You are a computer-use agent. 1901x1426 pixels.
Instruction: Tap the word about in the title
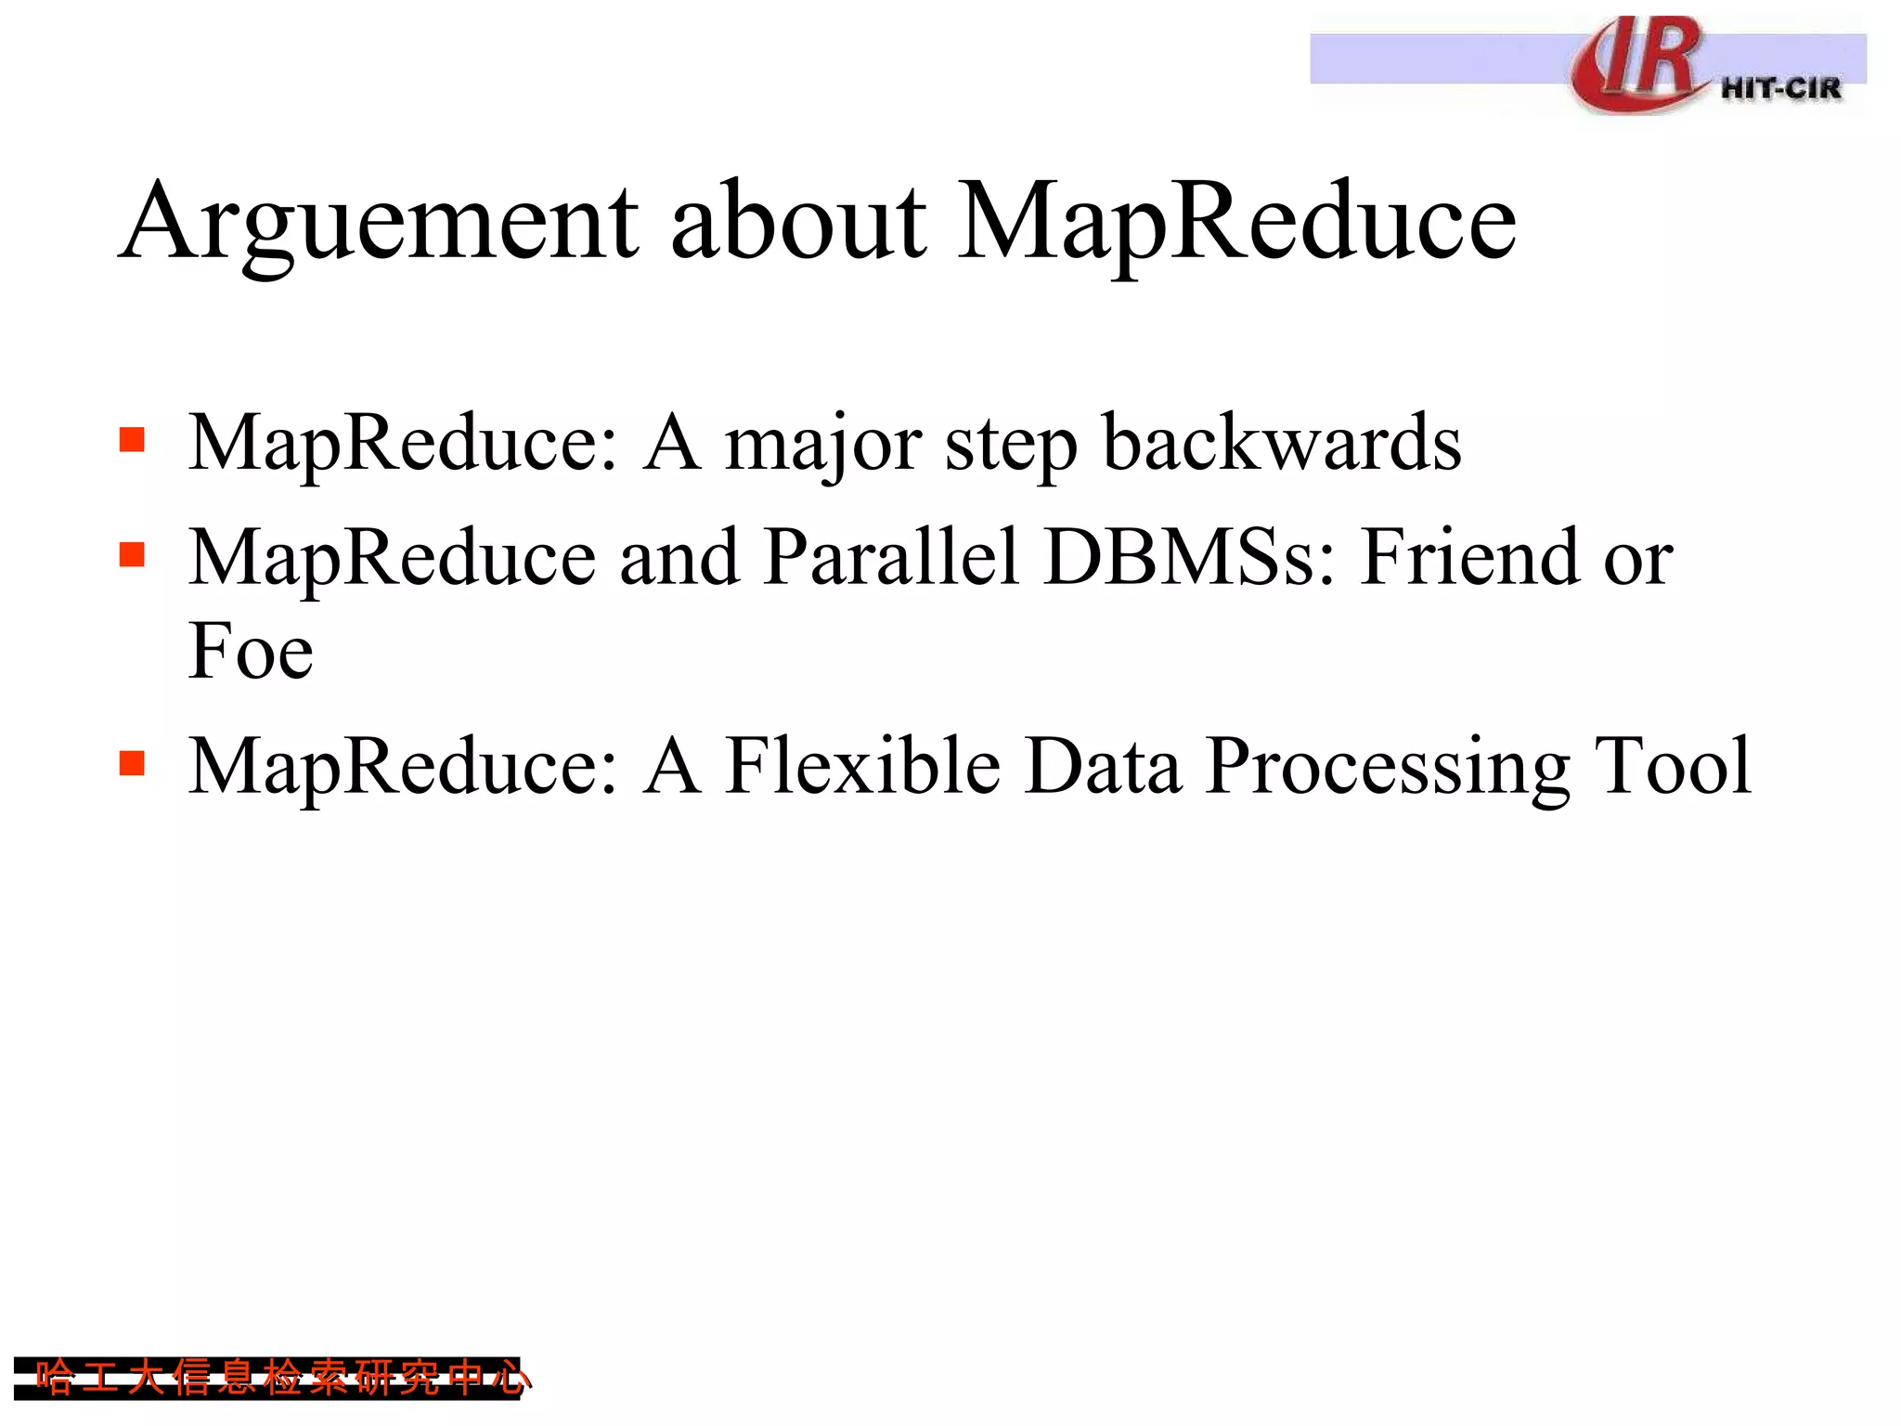coord(798,223)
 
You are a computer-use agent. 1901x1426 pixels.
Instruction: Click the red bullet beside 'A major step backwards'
coord(133,439)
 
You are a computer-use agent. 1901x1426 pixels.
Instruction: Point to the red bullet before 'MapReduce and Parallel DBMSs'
coord(133,554)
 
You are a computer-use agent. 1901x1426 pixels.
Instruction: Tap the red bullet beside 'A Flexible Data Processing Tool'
coord(133,763)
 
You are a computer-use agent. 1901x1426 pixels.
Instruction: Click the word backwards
coord(1281,443)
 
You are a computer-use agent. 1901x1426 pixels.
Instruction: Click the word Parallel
coord(892,557)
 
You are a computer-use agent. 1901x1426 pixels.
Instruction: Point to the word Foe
coord(251,652)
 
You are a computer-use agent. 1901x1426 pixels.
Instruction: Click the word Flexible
coord(862,766)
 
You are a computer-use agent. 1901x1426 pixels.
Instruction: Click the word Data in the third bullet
coord(1104,766)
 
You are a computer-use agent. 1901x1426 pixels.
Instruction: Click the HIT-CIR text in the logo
coord(1780,89)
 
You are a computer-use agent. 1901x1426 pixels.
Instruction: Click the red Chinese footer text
coord(278,1378)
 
